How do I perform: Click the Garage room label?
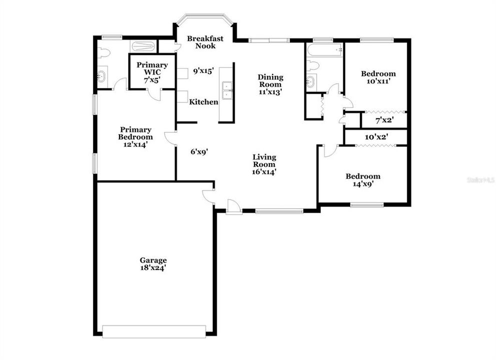(x=153, y=260)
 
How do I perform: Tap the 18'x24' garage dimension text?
(x=153, y=267)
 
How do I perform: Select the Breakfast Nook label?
(x=205, y=42)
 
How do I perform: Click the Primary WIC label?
(x=152, y=68)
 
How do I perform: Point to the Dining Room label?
(x=270, y=81)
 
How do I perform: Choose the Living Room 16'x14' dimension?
(x=264, y=171)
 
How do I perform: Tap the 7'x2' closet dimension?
(x=384, y=120)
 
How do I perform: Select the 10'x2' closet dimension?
(x=376, y=136)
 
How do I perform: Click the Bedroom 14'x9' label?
(x=363, y=179)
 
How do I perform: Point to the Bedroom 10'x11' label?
(x=378, y=77)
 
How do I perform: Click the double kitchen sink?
(x=227, y=90)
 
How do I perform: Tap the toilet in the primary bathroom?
(x=104, y=52)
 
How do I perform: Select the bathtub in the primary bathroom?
(x=144, y=47)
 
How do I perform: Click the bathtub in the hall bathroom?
(x=324, y=49)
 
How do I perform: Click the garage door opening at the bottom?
(x=154, y=330)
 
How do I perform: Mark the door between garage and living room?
(x=208, y=197)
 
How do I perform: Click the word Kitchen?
(x=203, y=102)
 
